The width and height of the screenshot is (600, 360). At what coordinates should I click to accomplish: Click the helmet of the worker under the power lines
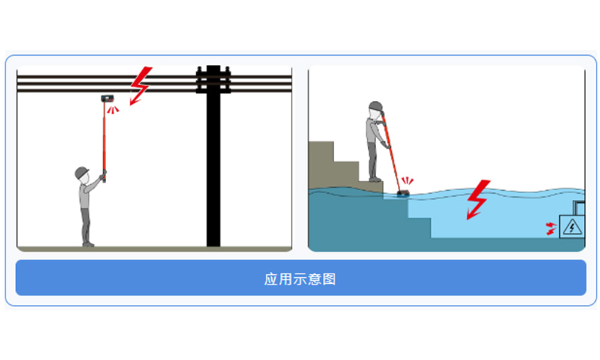(x=82, y=173)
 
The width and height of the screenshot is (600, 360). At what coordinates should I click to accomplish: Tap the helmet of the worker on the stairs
(x=376, y=106)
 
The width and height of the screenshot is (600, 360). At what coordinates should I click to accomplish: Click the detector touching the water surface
(x=403, y=193)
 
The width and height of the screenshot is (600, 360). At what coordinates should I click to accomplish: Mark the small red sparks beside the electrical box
(x=551, y=227)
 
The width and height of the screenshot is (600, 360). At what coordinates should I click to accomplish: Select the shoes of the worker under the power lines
(x=88, y=244)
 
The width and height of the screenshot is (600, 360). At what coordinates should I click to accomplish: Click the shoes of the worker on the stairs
(x=375, y=179)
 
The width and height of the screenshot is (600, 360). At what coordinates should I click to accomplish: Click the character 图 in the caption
(x=329, y=279)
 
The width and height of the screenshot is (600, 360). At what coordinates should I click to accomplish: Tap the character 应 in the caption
(x=271, y=279)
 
